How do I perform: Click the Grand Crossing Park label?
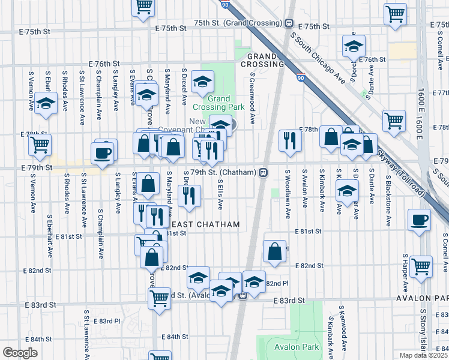(226, 103)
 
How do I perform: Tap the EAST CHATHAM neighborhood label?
(210, 224)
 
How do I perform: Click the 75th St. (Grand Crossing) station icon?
(289, 23)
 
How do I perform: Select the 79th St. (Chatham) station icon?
(263, 173)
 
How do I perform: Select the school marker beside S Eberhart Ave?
(45, 103)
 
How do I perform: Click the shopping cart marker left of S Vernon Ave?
(39, 143)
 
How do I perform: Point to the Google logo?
(19, 353)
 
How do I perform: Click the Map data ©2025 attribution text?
(421, 355)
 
